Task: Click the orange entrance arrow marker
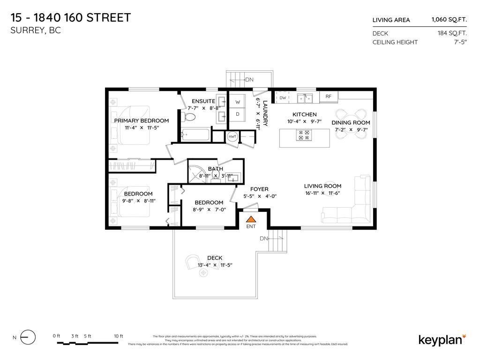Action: click(251, 219)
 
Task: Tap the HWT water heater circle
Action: click(232, 136)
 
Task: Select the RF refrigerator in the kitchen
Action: click(329, 97)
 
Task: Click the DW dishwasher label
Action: click(283, 98)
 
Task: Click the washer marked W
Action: click(237, 102)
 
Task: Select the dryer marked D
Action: click(237, 114)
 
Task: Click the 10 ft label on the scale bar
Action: click(118, 336)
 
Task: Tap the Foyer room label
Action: click(259, 189)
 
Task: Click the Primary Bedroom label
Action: click(141, 120)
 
